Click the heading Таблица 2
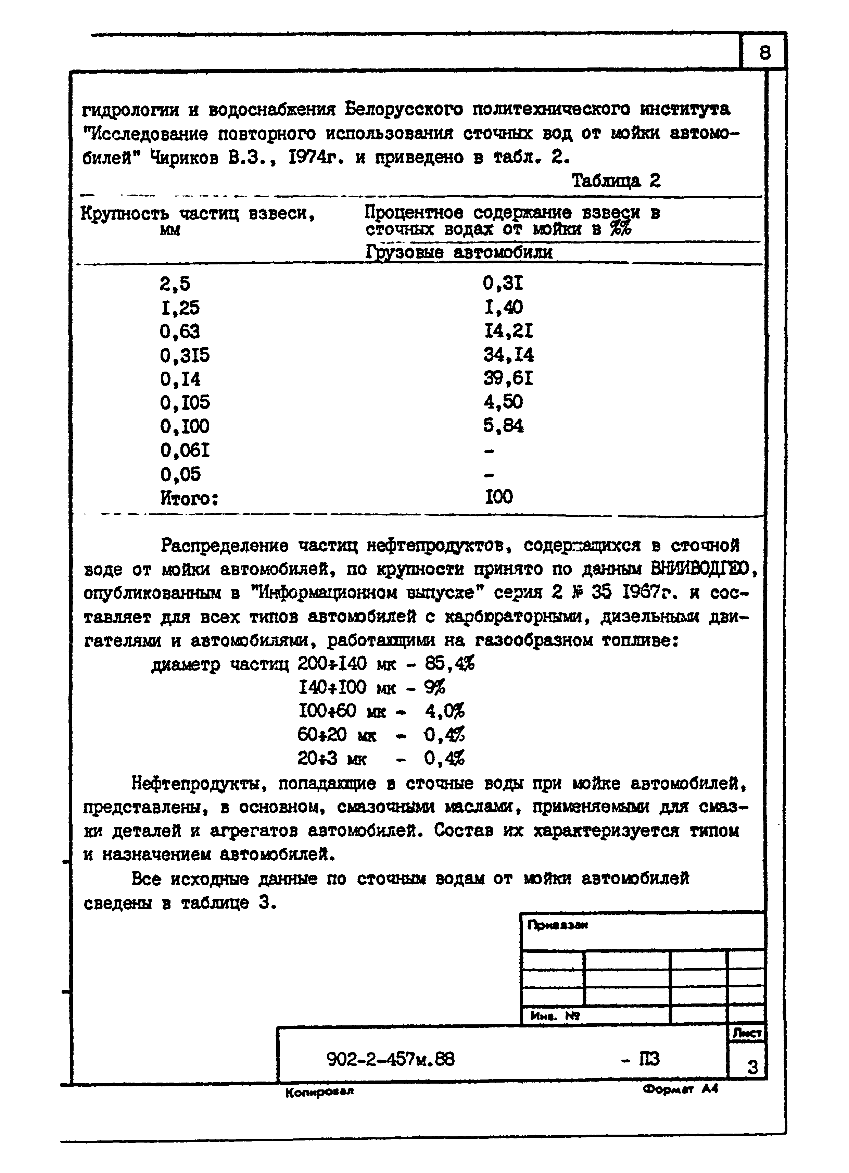616,180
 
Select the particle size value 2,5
175,284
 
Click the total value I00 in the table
499,497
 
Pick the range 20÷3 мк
331,759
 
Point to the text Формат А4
681,1088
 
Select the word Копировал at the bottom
319,1091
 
